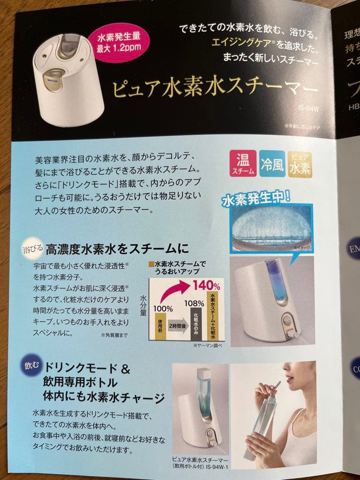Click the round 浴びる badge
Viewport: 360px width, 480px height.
tap(33, 248)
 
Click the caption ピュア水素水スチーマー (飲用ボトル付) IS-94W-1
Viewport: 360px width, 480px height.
tap(200, 462)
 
